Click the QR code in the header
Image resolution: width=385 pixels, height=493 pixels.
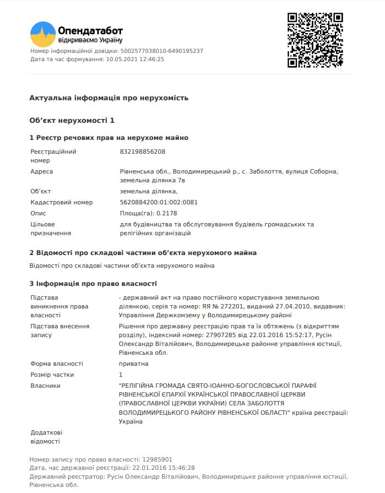[315, 40]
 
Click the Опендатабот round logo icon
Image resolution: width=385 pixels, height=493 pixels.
[43, 34]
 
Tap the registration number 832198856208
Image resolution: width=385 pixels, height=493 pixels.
[142, 151]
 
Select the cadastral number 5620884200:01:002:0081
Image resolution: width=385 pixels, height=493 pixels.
[159, 202]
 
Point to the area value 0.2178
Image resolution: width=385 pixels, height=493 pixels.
[167, 213]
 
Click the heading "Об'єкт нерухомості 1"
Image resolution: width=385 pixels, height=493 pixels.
[72, 120]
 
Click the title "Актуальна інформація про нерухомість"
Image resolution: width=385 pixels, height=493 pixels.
[109, 97]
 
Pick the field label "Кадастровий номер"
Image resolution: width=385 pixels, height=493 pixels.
[62, 202]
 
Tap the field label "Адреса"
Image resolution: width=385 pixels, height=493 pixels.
[42, 171]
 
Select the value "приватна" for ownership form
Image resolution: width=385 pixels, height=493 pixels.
[134, 364]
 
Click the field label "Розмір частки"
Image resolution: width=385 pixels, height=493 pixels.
[52, 375]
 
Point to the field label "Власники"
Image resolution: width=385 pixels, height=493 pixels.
[45, 386]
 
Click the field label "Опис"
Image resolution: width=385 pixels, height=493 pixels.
[39, 213]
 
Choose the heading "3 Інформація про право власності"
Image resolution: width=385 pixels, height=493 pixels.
[93, 283]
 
